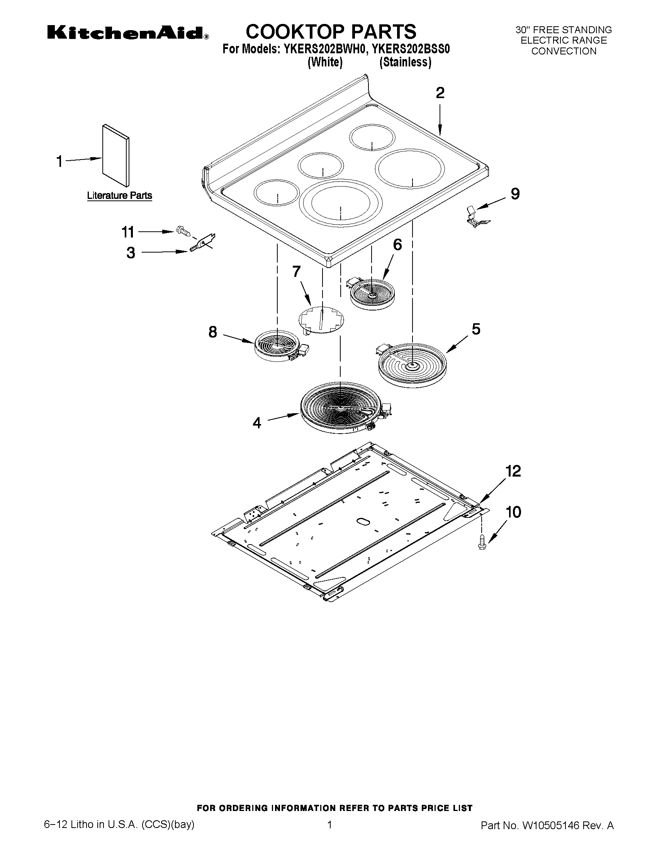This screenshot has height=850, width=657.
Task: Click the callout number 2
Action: point(440,93)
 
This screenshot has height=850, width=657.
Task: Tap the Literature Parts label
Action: point(119,195)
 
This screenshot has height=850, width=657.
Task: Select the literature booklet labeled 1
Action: point(115,156)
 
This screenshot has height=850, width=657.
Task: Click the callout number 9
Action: point(515,193)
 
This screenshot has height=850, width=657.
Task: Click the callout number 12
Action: point(513,471)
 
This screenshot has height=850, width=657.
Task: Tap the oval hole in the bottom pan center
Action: point(362,521)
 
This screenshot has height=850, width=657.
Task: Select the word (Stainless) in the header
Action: point(405,63)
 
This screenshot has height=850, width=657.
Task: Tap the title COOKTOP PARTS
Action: point(331,32)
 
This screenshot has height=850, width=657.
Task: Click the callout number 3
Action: point(131,253)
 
